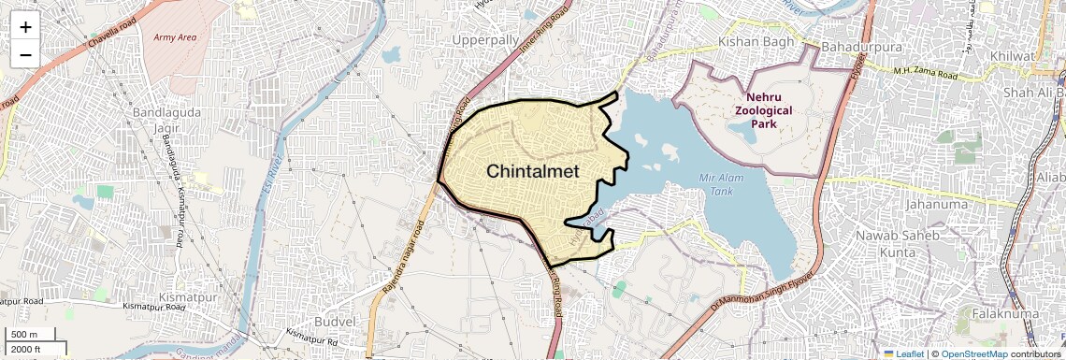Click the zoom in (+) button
[25, 26]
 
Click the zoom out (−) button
[25, 54]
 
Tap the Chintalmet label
[533, 172]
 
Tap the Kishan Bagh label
[756, 42]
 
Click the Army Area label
[176, 38]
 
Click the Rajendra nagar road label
[403, 261]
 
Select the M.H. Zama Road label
[926, 72]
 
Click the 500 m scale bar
[33, 335]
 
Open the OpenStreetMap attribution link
[973, 353]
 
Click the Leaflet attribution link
[903, 353]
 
